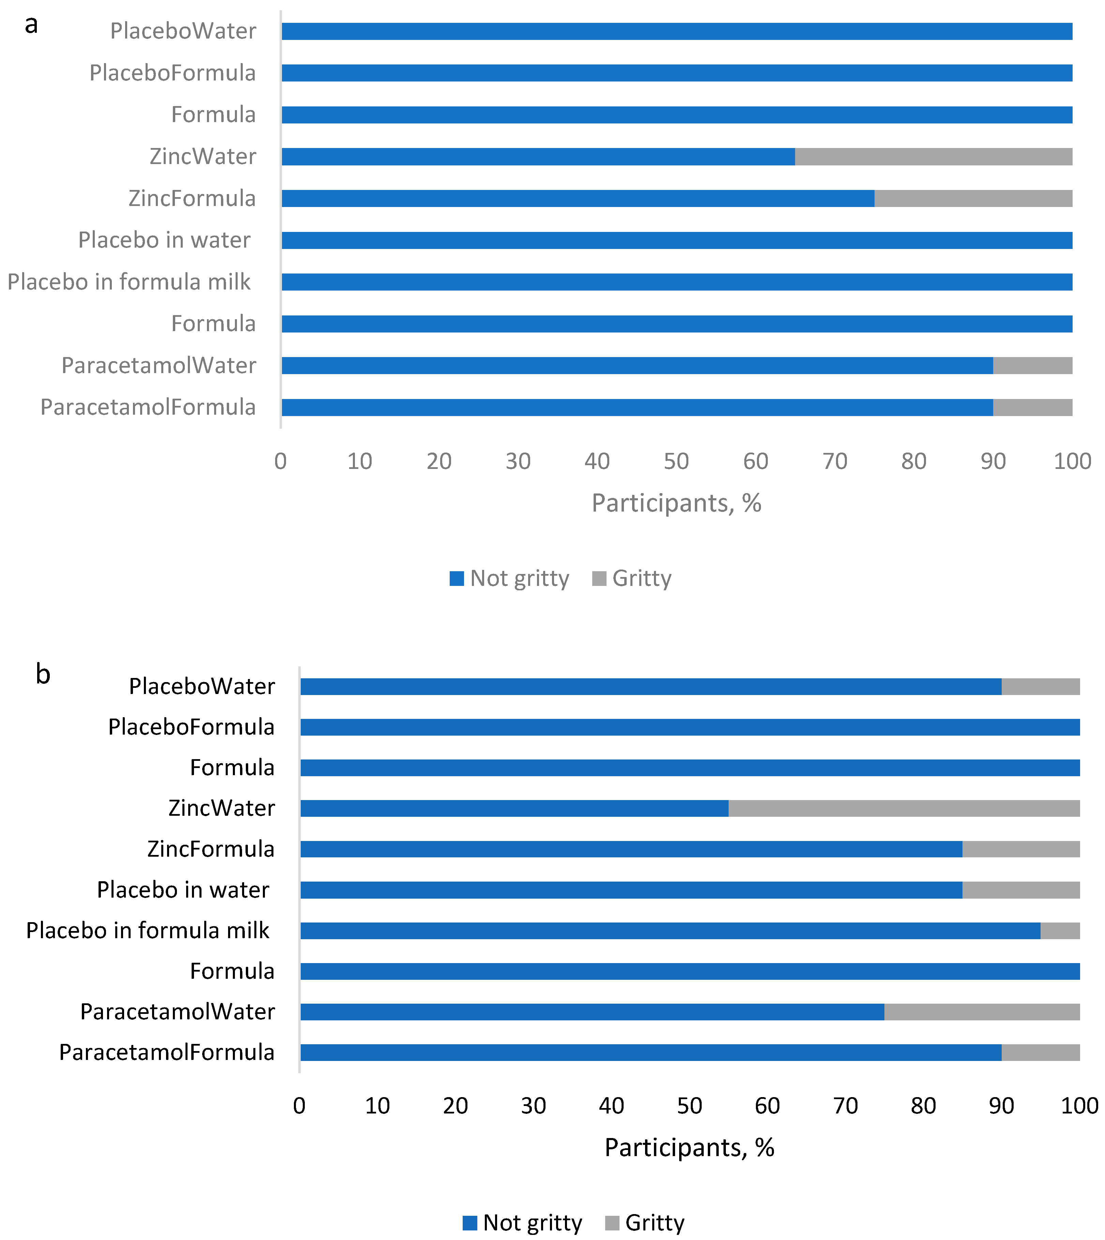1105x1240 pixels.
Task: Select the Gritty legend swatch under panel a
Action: click(599, 578)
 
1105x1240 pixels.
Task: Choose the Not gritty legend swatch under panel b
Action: click(469, 1222)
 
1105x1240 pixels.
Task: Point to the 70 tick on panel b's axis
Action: click(845, 1106)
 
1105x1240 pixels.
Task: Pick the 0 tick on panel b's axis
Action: click(299, 1106)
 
